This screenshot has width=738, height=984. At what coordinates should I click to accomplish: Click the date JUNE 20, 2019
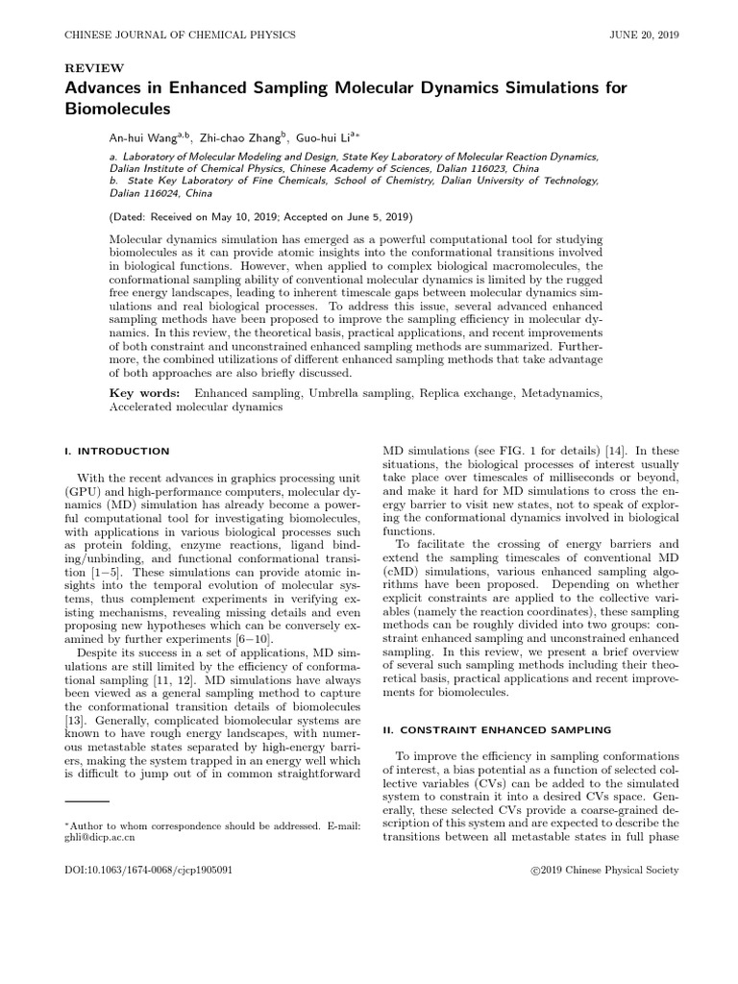pos(645,35)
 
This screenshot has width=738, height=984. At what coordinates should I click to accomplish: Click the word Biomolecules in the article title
pos(116,110)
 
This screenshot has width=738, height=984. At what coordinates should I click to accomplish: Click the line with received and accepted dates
pos(248,218)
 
